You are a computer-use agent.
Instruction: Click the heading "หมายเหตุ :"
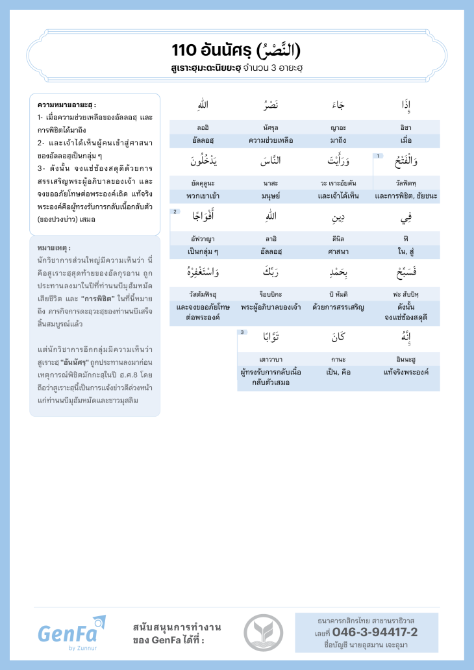55,248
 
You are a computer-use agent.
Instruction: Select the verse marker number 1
378,156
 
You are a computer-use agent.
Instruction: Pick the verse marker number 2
175,212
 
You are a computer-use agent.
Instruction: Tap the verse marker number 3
242,332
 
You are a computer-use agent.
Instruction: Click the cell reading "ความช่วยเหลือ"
271,140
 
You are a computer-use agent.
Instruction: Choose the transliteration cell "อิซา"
406,127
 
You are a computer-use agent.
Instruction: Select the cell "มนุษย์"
271,195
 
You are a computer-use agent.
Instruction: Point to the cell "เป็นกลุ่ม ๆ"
203,251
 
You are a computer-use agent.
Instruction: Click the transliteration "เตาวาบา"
271,359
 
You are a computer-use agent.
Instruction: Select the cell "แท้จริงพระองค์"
406,372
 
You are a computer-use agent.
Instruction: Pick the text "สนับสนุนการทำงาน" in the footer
177,627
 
